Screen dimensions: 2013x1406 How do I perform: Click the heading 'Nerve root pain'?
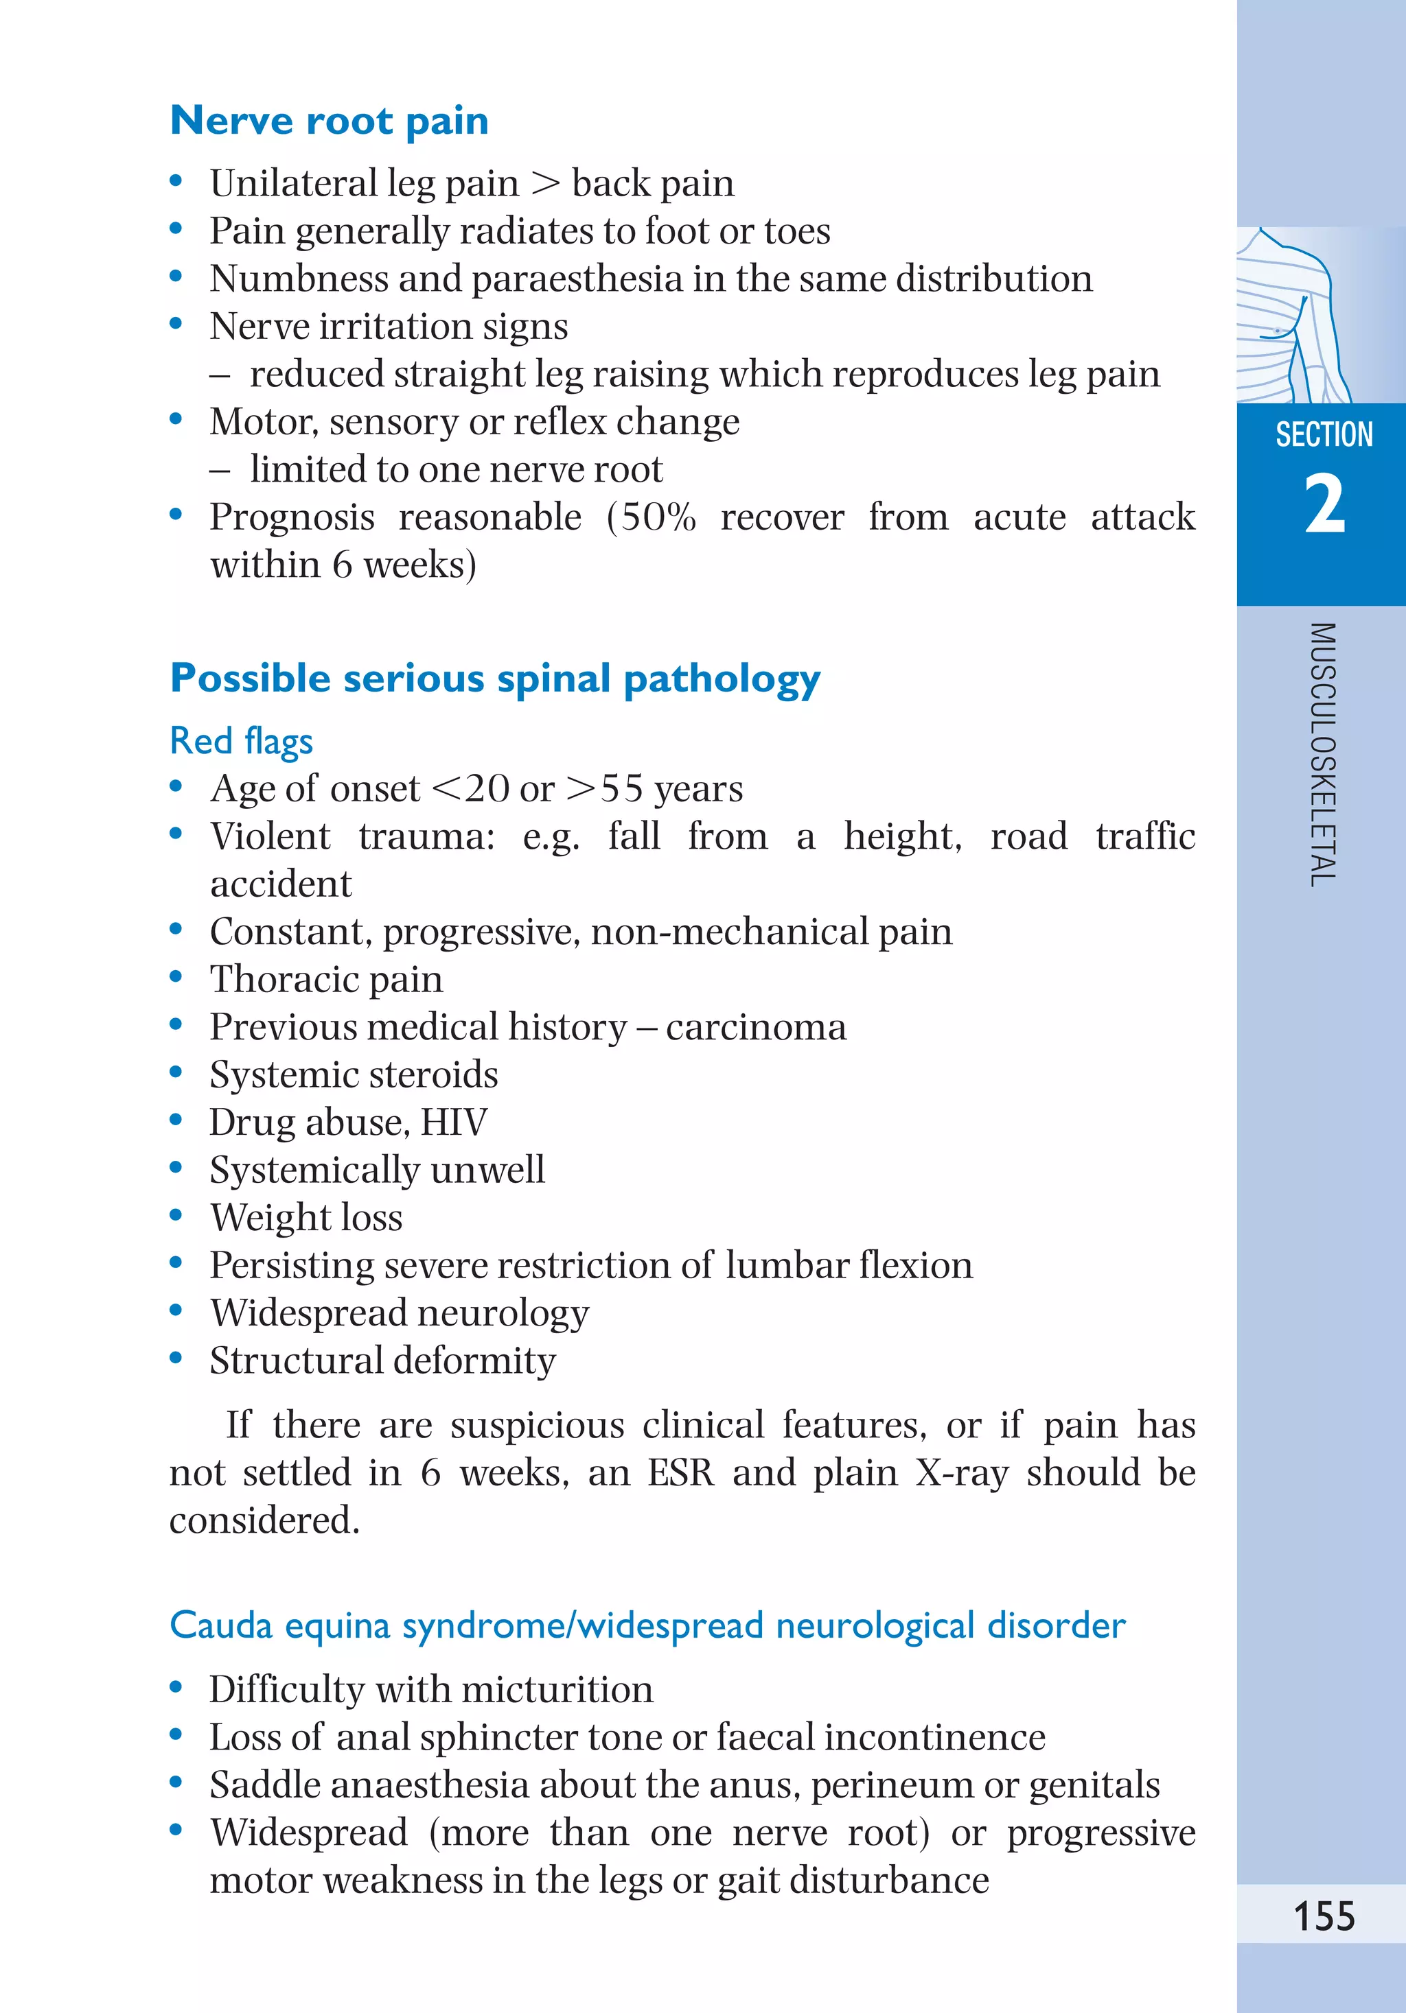tap(329, 120)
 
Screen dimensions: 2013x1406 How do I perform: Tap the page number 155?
tap(1324, 1916)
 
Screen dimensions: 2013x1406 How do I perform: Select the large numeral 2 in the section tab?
tap(1324, 504)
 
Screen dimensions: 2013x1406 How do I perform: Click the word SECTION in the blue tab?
tap(1324, 435)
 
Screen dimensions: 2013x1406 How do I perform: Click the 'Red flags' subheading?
tap(241, 741)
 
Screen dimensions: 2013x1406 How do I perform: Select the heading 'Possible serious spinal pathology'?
tap(495, 679)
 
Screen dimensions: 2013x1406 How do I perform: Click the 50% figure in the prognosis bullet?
tap(658, 517)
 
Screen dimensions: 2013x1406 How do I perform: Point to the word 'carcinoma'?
tap(756, 1026)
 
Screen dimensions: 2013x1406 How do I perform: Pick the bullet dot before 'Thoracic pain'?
tap(176, 977)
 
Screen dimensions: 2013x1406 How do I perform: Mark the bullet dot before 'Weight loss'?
tap(176, 1215)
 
